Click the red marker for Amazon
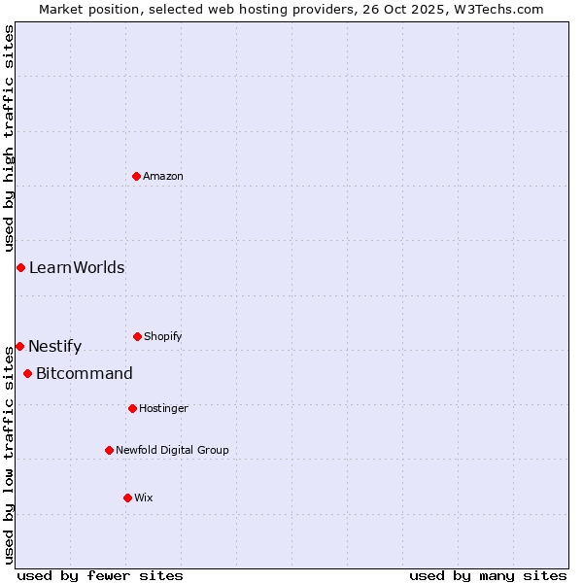click(137, 176)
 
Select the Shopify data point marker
click(137, 336)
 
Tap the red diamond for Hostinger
click(132, 408)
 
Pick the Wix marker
click(127, 497)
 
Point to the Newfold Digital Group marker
click(109, 450)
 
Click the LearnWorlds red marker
click(20, 267)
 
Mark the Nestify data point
click(19, 346)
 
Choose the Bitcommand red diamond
click(27, 373)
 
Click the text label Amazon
click(163, 176)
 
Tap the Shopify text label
click(163, 336)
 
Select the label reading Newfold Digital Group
click(172, 450)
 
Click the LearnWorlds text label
click(77, 267)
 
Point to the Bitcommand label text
click(85, 373)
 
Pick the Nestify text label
click(54, 346)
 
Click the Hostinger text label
click(163, 408)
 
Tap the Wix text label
click(144, 497)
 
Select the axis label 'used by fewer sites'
click(100, 575)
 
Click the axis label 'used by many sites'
click(488, 575)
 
